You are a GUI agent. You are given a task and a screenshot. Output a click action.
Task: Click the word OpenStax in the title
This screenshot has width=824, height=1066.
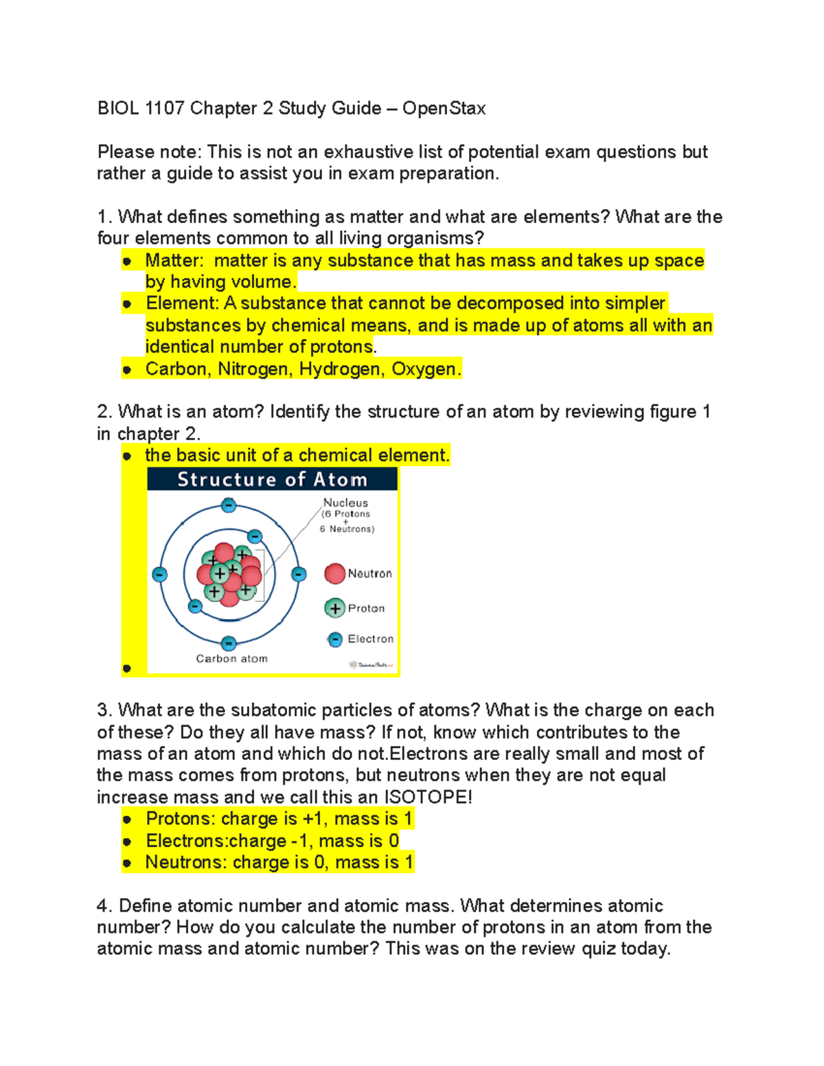(x=444, y=108)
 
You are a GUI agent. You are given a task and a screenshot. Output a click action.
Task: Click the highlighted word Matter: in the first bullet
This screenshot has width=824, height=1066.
(x=174, y=261)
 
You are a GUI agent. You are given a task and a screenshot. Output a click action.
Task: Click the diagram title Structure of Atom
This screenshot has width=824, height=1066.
(x=272, y=479)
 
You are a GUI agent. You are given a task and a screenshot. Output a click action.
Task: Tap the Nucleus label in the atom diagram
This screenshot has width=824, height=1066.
(x=345, y=502)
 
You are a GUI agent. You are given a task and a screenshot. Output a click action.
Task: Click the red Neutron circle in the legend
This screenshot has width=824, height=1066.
(x=334, y=573)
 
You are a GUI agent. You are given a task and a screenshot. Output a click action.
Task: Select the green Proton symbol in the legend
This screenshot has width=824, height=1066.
(x=334, y=608)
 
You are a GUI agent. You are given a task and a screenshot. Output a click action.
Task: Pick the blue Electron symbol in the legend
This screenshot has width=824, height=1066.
(x=335, y=640)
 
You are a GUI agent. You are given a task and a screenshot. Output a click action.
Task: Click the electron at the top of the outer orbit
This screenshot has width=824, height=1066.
(x=229, y=506)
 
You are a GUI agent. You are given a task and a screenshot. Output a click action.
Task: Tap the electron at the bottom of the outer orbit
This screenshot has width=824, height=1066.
(x=229, y=643)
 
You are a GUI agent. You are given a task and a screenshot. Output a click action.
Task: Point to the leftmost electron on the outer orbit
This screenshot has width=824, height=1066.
(x=160, y=575)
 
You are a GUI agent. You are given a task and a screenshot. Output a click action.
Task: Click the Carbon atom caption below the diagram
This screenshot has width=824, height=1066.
(x=231, y=659)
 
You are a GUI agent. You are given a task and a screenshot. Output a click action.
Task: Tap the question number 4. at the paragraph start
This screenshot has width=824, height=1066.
(x=104, y=906)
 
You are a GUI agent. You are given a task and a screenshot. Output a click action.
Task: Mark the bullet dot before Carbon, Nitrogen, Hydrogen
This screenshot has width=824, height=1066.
(x=127, y=370)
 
